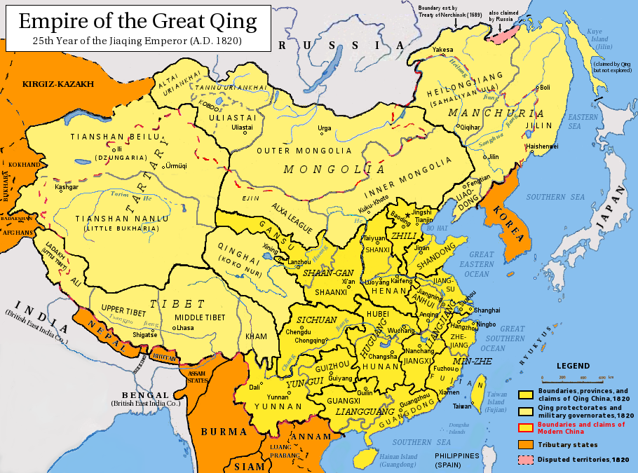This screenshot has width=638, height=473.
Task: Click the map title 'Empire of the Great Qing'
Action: [x=137, y=20]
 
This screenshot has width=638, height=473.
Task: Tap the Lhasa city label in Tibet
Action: [x=185, y=328]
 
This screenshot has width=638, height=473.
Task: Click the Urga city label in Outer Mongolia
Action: [x=325, y=128]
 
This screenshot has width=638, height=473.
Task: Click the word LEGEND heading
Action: [x=573, y=366]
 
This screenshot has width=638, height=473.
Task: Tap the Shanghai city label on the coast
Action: [x=487, y=310]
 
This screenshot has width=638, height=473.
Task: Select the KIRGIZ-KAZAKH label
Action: [x=58, y=84]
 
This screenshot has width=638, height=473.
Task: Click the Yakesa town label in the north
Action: [x=442, y=50]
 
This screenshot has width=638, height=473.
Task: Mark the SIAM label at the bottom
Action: [x=250, y=466]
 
